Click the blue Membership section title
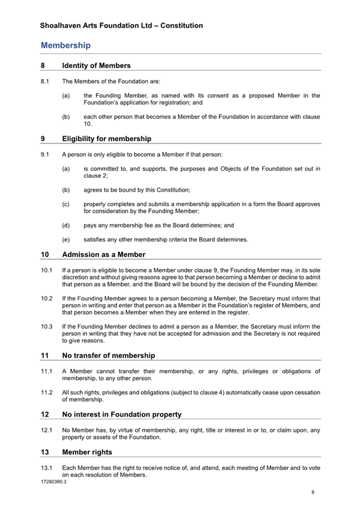(x=66, y=46)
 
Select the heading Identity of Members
(x=96, y=65)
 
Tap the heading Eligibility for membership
(x=106, y=139)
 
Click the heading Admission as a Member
(x=103, y=255)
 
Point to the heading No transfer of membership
(x=108, y=356)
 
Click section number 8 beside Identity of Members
(x=43, y=65)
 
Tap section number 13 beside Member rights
(x=45, y=452)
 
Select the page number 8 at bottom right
(x=313, y=492)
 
